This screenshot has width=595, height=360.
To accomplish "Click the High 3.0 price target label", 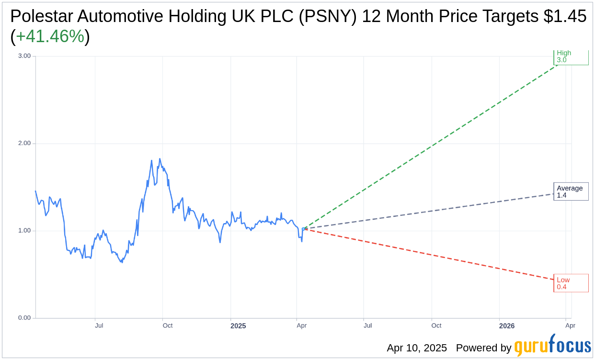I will [570, 56].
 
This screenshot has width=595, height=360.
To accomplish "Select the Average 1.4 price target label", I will [571, 191].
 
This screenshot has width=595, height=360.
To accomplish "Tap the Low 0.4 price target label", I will [571, 283].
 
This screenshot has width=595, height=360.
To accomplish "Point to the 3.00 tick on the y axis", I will [24, 56].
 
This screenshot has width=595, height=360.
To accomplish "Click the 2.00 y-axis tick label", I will [24, 144].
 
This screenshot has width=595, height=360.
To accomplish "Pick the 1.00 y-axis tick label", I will [24, 231].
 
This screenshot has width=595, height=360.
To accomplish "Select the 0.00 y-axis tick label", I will [24, 318].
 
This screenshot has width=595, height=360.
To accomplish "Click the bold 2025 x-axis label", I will [238, 326].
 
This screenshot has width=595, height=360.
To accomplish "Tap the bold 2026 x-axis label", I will [506, 326].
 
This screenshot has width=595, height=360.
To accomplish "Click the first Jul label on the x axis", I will [99, 326].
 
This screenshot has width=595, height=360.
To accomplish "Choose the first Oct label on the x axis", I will [167, 326].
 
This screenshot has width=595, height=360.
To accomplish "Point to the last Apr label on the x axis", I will [570, 326].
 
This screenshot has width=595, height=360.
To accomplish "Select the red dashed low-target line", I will [431, 254].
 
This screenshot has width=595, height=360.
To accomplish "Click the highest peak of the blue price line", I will [160, 159].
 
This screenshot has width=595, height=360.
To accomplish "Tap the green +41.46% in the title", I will [50, 36].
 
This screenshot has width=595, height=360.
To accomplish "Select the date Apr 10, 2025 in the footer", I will [417, 348].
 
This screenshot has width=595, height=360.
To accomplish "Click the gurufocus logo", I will [552, 346].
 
